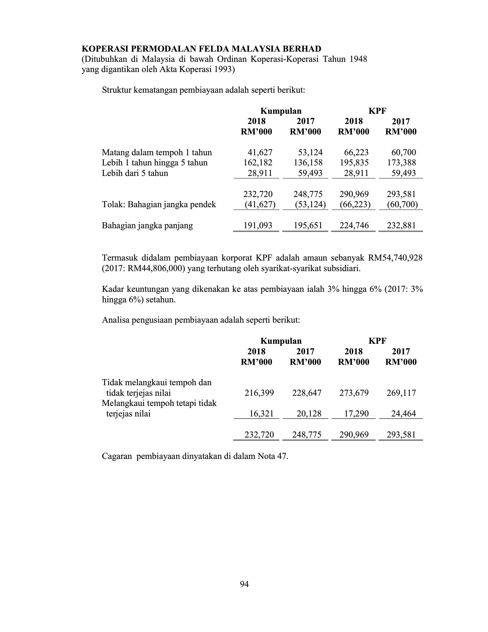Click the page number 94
click(x=244, y=584)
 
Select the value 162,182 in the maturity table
click(x=258, y=163)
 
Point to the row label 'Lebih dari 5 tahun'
click(x=135, y=173)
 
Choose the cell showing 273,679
click(x=354, y=393)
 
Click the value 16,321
click(x=261, y=414)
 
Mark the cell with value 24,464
click(x=403, y=414)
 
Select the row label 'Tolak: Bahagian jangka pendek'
click(x=159, y=204)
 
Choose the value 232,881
click(x=401, y=225)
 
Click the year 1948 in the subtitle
click(x=358, y=59)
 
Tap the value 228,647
click(x=306, y=393)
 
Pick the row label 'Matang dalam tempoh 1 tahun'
click(x=157, y=152)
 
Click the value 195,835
click(x=354, y=163)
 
